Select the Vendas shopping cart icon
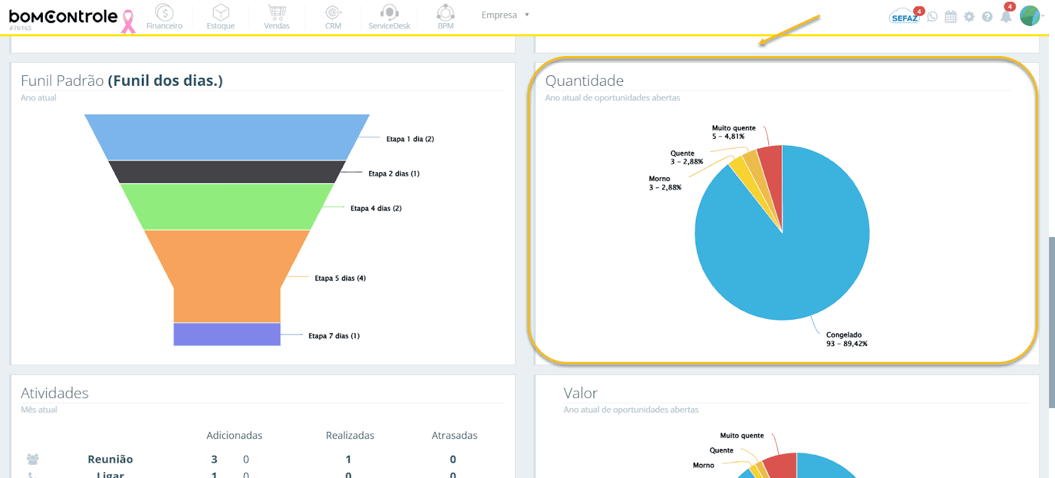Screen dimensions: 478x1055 [x=277, y=13]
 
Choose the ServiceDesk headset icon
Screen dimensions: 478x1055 [x=389, y=13]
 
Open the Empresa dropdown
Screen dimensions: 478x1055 [x=505, y=15]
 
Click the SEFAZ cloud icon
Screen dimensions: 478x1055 [x=904, y=17]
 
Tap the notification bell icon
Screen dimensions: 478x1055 [x=1006, y=17]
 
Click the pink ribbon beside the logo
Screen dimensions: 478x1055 [x=128, y=21]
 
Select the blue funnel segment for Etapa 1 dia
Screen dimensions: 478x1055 [x=227, y=137]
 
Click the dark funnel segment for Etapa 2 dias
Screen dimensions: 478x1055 [x=227, y=172]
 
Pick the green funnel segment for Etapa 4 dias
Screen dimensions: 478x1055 [x=227, y=206]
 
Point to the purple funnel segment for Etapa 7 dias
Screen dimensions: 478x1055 [x=227, y=334]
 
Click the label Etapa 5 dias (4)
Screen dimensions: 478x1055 [x=340, y=278]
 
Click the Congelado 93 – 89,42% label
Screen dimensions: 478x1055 [x=846, y=339]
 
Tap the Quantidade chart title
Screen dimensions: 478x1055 [x=584, y=81]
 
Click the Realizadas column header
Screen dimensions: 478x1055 [x=349, y=435]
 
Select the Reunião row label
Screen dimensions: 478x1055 [x=110, y=459]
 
